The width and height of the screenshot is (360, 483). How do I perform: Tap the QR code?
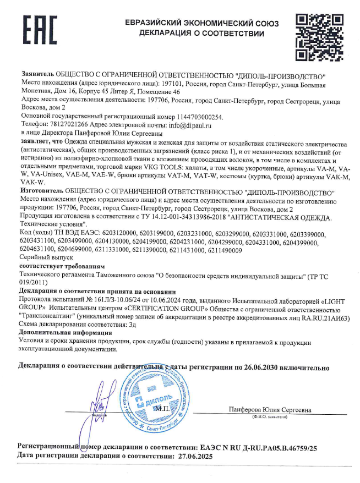[x=316, y=37]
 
